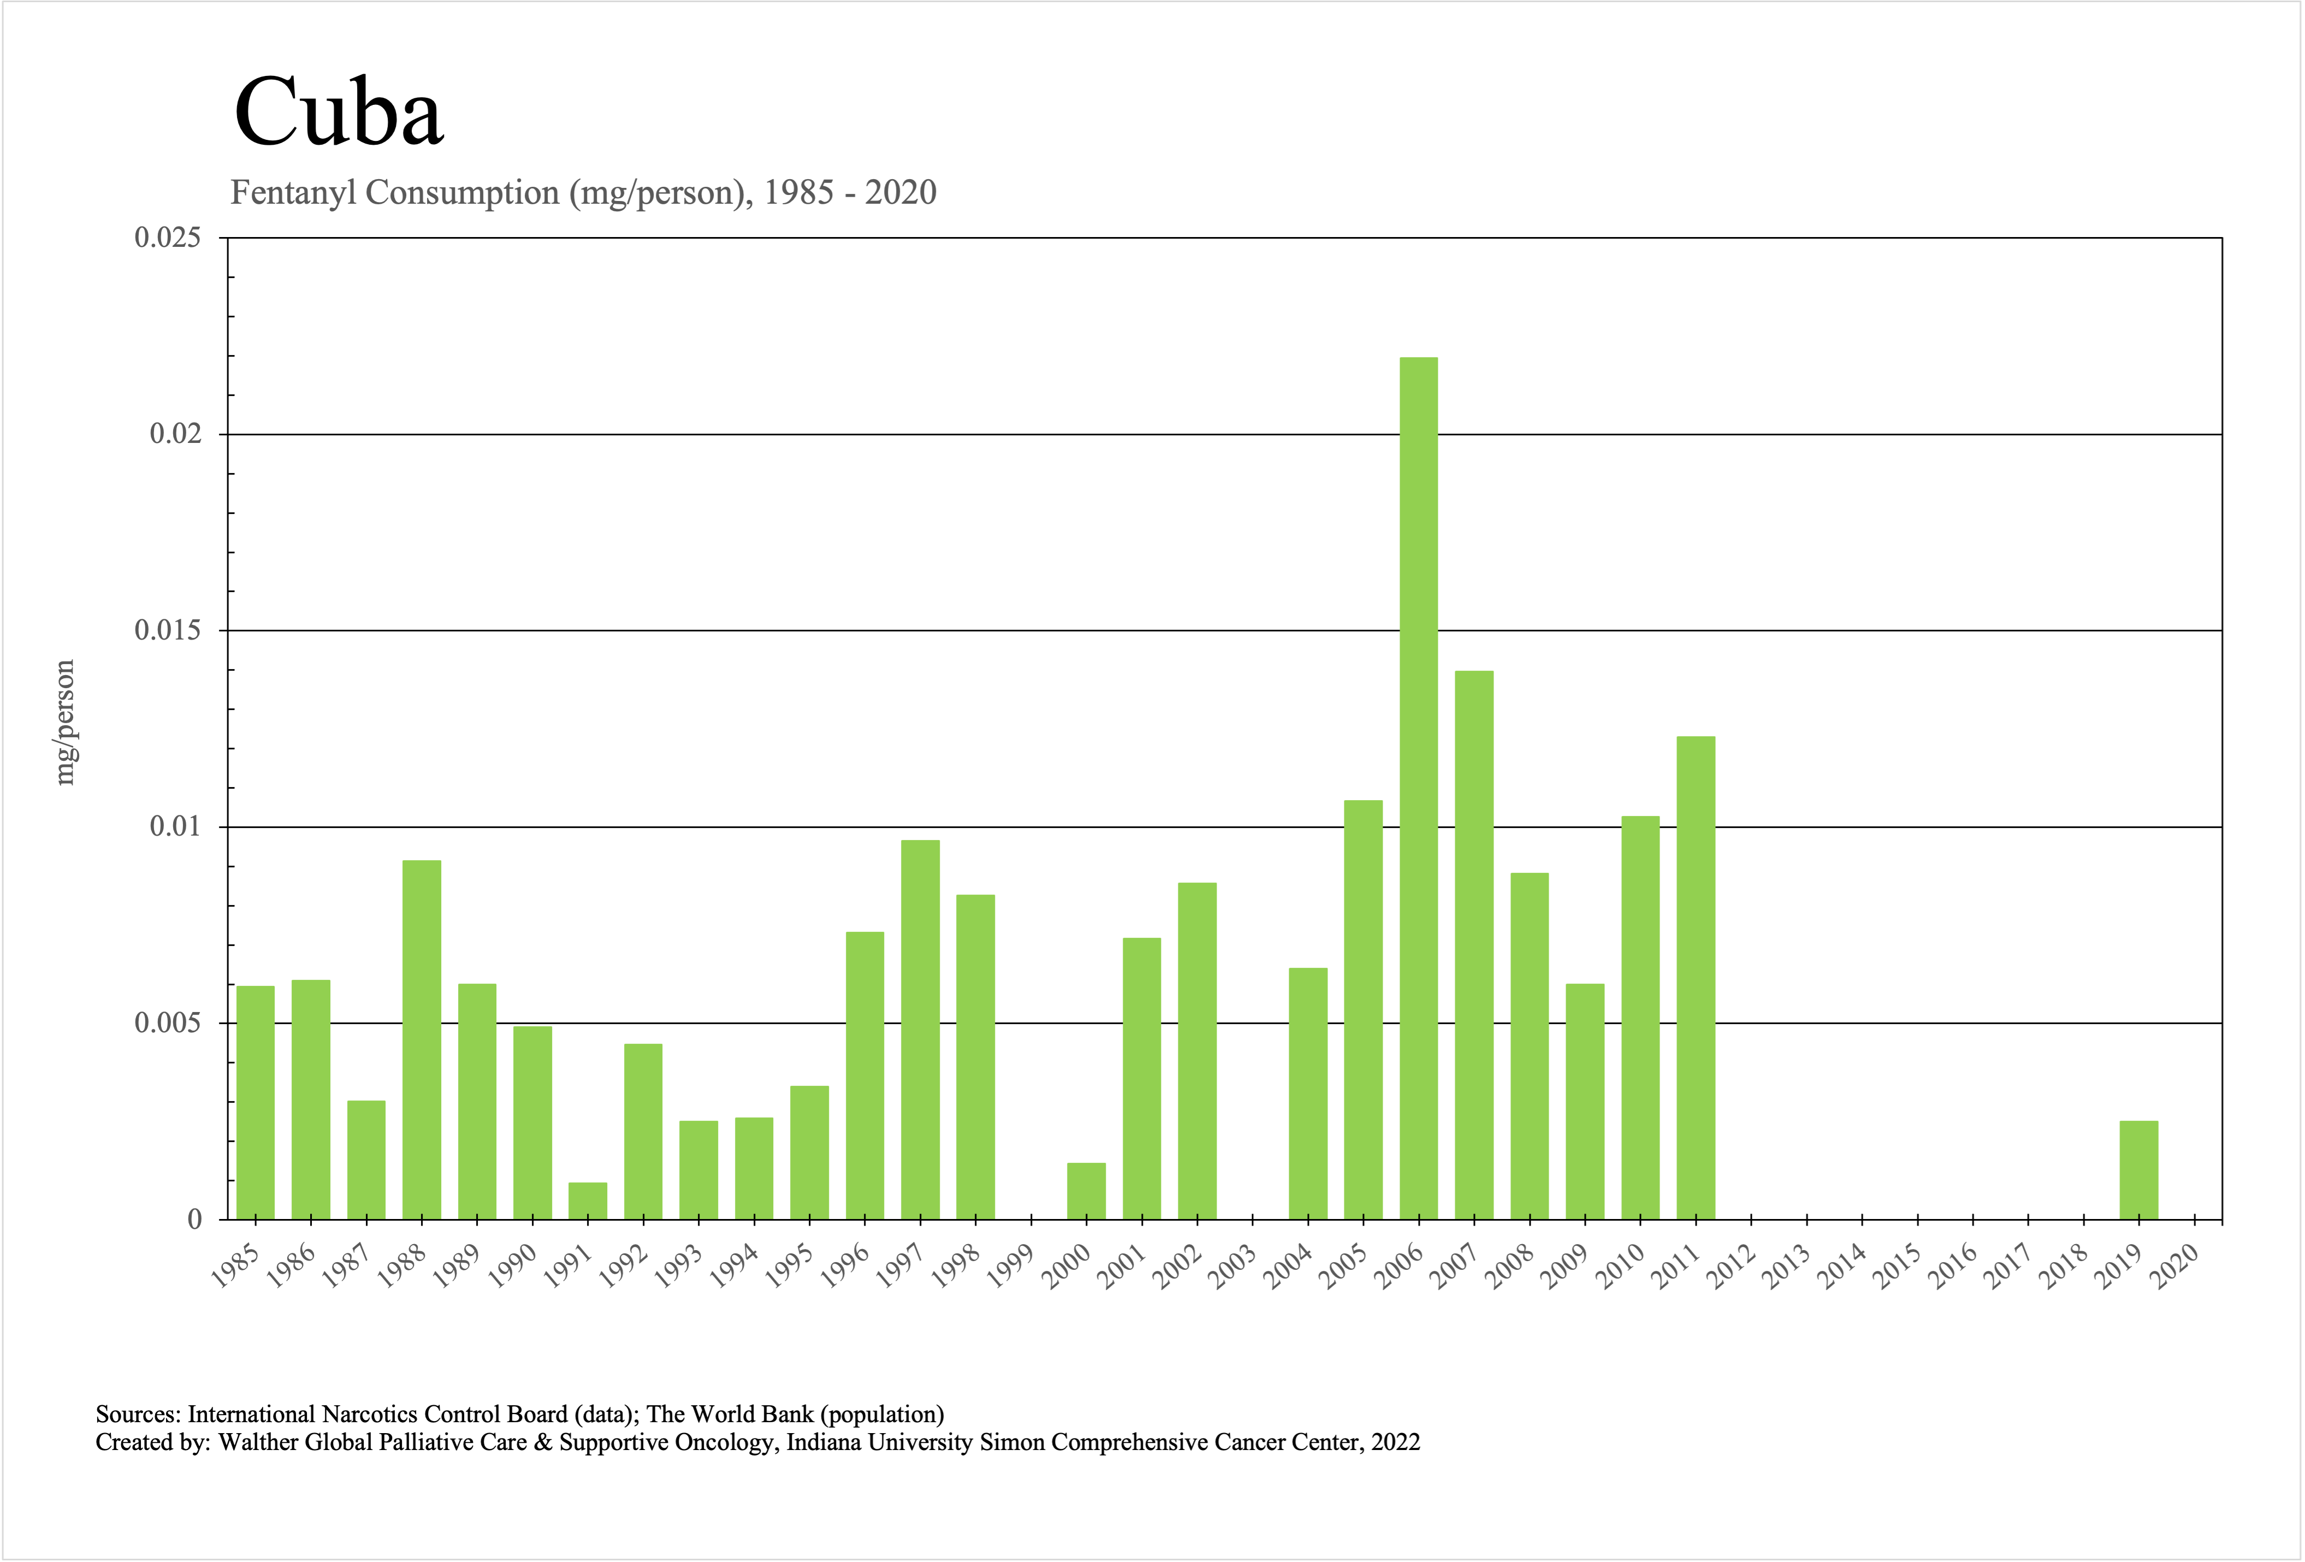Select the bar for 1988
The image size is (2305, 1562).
point(422,1039)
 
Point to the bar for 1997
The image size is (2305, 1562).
point(920,1029)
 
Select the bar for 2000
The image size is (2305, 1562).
point(1086,1190)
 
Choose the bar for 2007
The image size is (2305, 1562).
point(1474,944)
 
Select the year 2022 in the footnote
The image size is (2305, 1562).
point(1395,1442)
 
